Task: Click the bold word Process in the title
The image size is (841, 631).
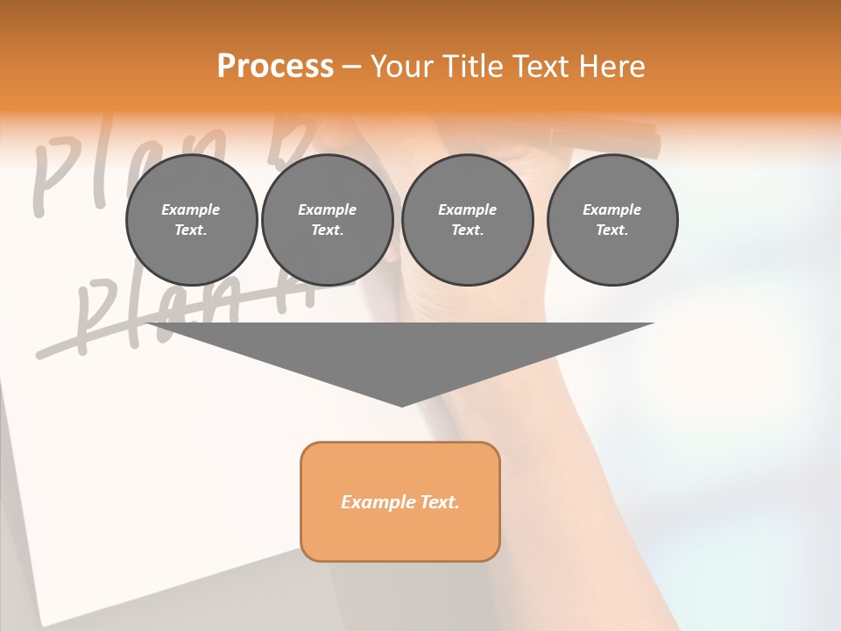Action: tap(275, 67)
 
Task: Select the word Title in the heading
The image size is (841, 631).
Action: tap(472, 67)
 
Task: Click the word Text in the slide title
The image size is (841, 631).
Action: tap(543, 67)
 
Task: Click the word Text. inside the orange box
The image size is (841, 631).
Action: tap(439, 502)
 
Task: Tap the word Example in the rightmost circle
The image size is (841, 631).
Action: tap(611, 209)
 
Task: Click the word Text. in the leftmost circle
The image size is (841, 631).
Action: tap(191, 230)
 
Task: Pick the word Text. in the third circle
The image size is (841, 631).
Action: tap(467, 230)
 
